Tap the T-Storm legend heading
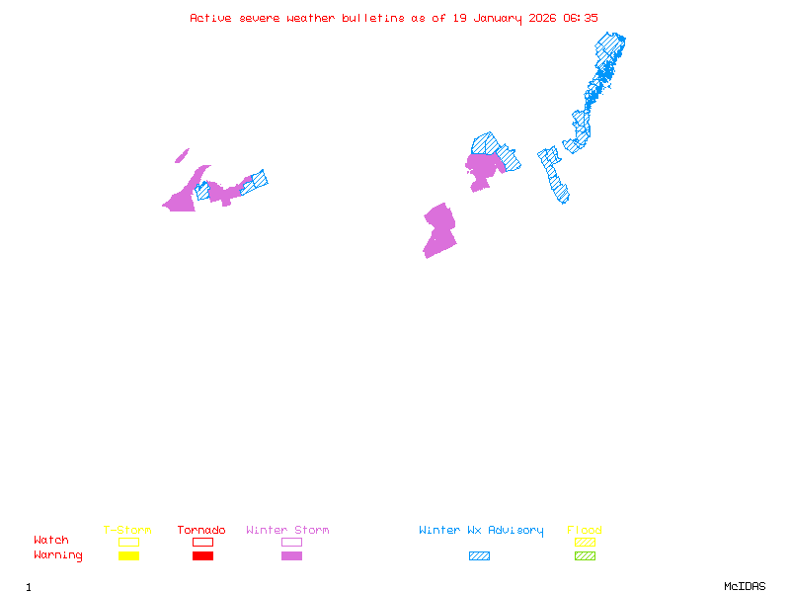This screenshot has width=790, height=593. tap(127, 531)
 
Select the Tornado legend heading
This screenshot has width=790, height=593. tap(201, 531)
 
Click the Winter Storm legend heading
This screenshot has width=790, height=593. tap(287, 531)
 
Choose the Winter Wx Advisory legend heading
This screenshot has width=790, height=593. tap(481, 531)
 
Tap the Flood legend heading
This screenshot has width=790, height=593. tap(585, 531)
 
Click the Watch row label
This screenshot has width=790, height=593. tap(51, 541)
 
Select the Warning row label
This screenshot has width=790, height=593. tap(58, 555)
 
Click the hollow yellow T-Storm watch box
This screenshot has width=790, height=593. tap(128, 542)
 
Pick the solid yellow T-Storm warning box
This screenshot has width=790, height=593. tap(128, 555)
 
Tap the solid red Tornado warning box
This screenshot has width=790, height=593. tap(202, 555)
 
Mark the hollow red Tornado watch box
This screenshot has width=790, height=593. tap(202, 542)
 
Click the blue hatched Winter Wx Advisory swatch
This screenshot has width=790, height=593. tap(479, 555)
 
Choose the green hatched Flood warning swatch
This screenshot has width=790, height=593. tap(585, 555)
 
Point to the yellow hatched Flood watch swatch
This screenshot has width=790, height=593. tap(585, 542)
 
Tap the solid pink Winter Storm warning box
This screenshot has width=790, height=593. tap(291, 555)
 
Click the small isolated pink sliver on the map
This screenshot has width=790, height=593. tap(182, 155)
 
